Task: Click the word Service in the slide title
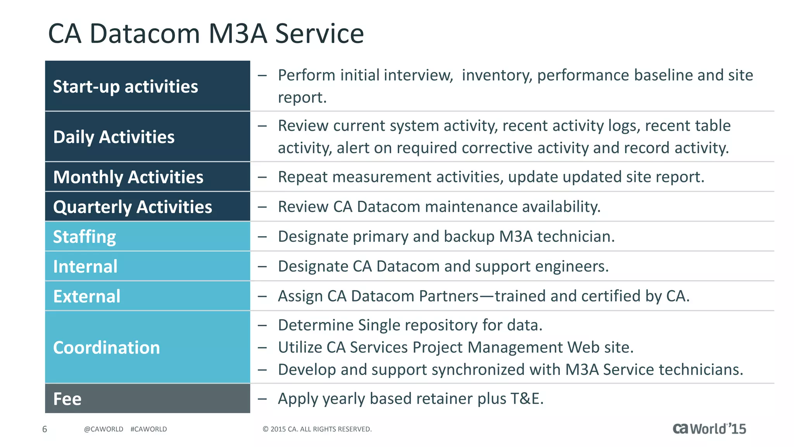pyautogui.click(x=319, y=33)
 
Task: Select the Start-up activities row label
pyautogui.click(x=125, y=87)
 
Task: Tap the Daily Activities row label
pyautogui.click(x=114, y=137)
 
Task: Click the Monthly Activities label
pyautogui.click(x=128, y=177)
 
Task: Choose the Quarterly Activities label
pyautogui.click(x=132, y=207)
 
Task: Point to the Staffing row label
pyautogui.click(x=84, y=237)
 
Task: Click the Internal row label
pyautogui.click(x=85, y=267)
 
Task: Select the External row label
pyautogui.click(x=86, y=296)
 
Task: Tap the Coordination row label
pyautogui.click(x=106, y=348)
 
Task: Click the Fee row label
pyautogui.click(x=67, y=399)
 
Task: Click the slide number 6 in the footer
pyautogui.click(x=45, y=429)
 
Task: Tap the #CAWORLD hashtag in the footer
pyautogui.click(x=148, y=429)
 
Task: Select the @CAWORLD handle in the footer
pyautogui.click(x=104, y=429)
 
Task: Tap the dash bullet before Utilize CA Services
pyautogui.click(x=262, y=348)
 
